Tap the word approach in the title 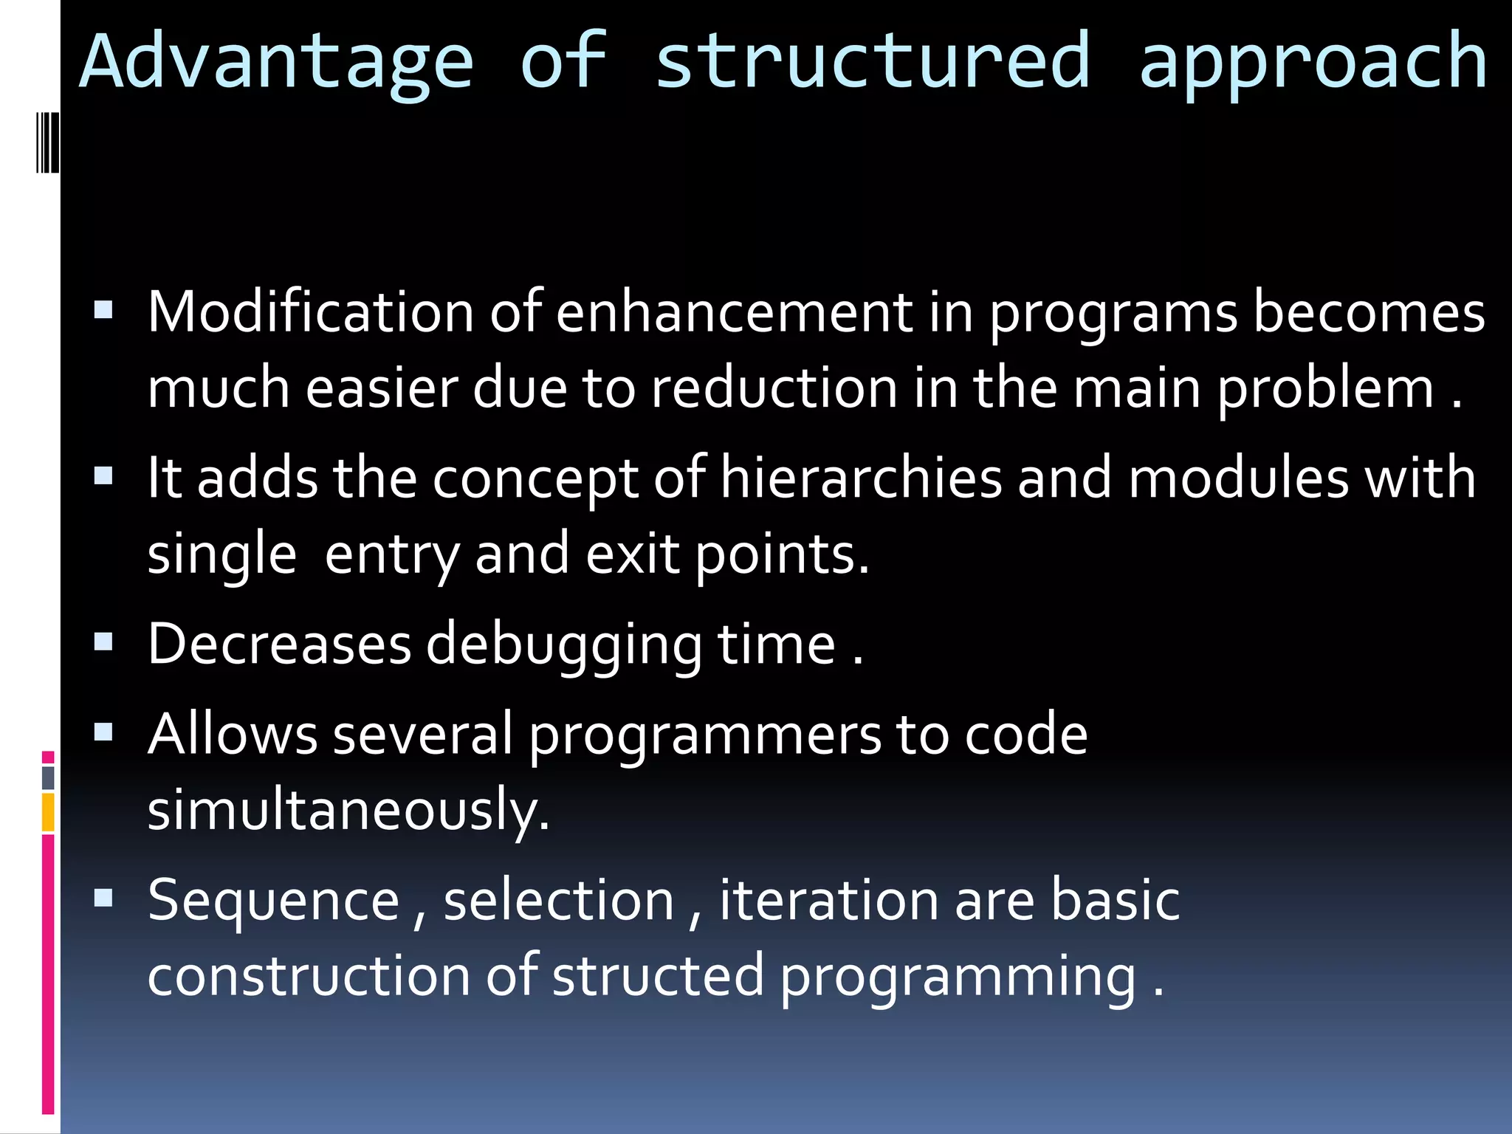[x=1313, y=63]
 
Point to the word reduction [x=774, y=388]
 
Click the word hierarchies [x=861, y=478]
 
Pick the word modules [x=1239, y=478]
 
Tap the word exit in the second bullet [x=632, y=554]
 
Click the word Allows [x=232, y=735]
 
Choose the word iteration [x=828, y=901]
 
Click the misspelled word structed [x=658, y=976]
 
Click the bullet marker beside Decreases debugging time [x=103, y=642]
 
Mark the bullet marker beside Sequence [x=103, y=898]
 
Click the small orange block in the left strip [x=48, y=812]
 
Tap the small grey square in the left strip [x=48, y=777]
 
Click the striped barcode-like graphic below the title [x=48, y=142]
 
